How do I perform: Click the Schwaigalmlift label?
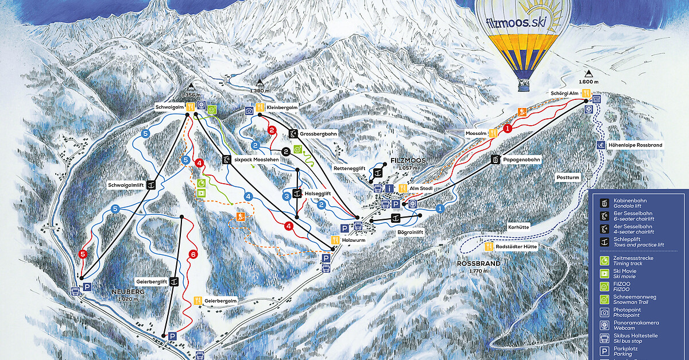125,185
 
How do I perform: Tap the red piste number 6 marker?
193,254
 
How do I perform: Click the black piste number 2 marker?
285,152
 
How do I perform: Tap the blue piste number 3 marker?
287,196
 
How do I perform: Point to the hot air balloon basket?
524,86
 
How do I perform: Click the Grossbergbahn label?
319,134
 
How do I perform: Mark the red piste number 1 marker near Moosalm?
508,129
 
